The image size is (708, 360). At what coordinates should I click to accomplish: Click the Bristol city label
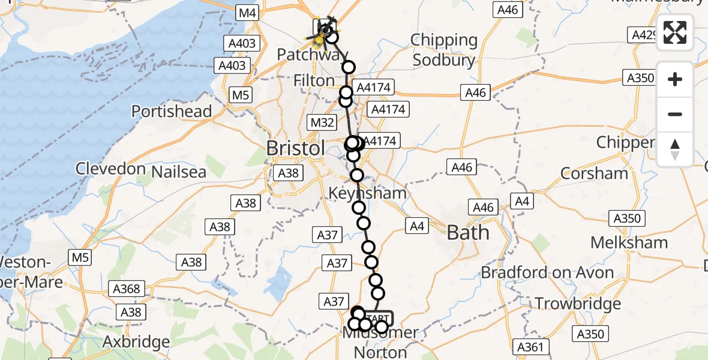[296, 148]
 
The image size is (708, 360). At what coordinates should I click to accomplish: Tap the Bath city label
[468, 232]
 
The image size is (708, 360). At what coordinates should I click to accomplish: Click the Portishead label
[172, 111]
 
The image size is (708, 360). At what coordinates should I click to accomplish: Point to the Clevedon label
[110, 169]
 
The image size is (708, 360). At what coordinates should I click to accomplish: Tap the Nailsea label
[179, 172]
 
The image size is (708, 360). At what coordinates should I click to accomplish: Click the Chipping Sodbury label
[444, 50]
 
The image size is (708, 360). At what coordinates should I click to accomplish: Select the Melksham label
[629, 242]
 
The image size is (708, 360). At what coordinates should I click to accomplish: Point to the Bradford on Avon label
[547, 273]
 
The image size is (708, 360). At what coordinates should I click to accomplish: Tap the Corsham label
[594, 173]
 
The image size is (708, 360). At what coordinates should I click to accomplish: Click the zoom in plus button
[675, 79]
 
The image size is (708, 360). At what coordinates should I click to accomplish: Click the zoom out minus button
[675, 114]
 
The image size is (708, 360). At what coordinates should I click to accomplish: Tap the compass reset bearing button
[675, 149]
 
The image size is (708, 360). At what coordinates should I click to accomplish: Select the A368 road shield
[126, 289]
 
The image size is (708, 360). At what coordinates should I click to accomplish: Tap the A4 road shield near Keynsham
[418, 226]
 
